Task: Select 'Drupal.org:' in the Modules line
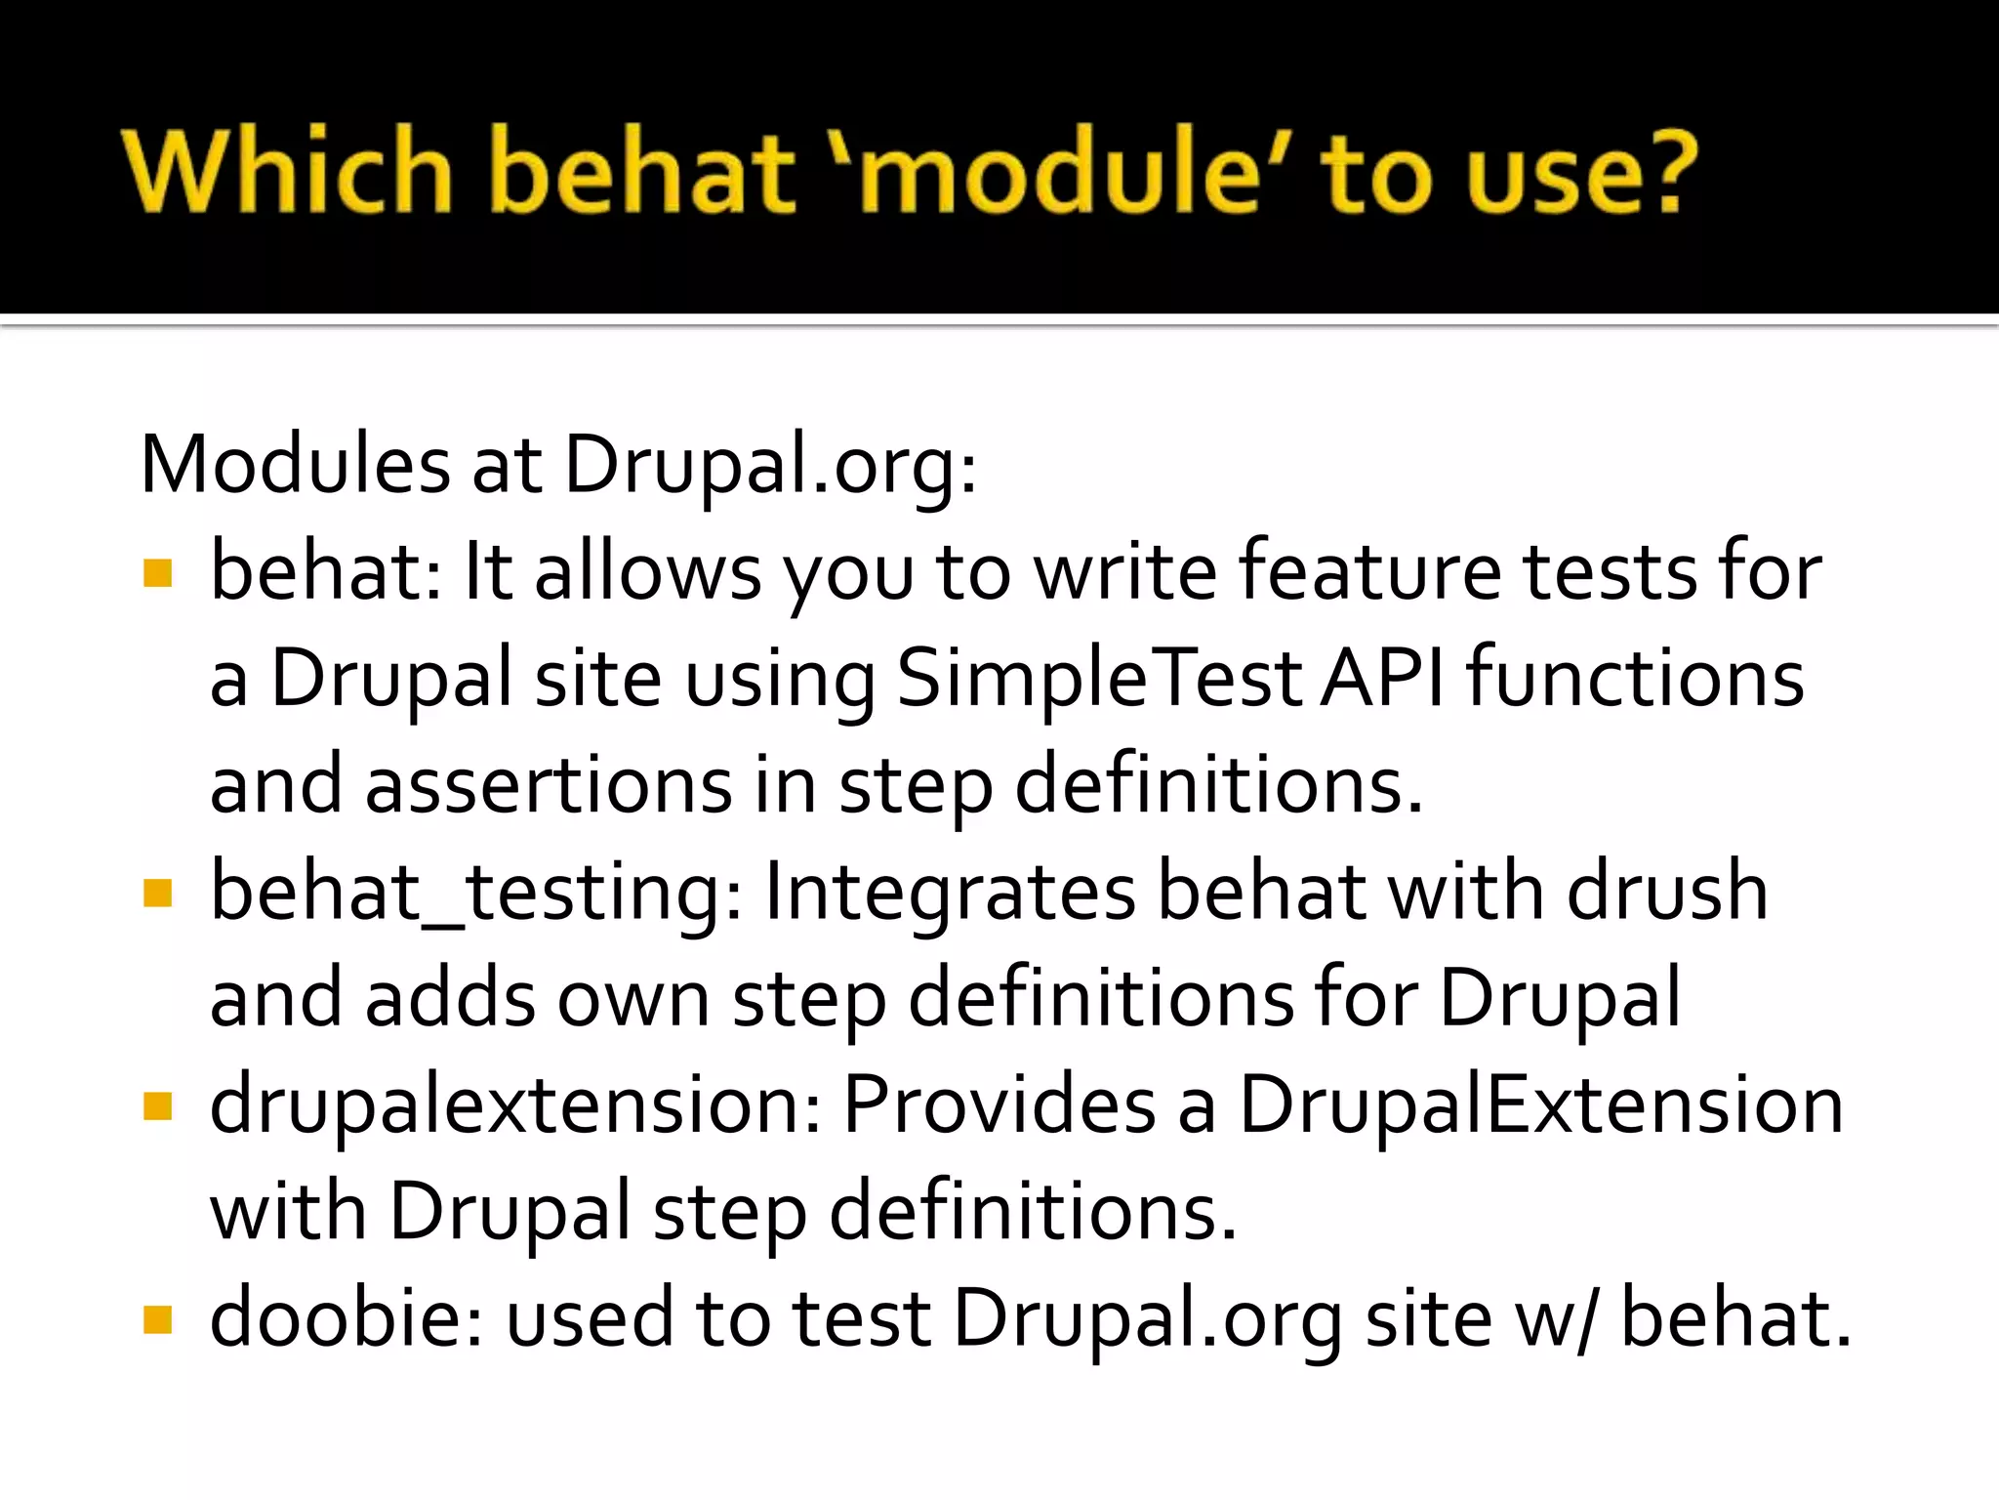770,465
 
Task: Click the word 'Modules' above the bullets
295,465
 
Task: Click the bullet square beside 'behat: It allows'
157,573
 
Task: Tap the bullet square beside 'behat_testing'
157,893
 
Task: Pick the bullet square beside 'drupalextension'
157,1106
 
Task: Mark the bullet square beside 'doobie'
157,1320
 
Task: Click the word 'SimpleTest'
1099,679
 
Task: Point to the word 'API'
1381,679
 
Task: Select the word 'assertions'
549,785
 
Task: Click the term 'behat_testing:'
476,893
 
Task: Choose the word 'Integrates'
950,893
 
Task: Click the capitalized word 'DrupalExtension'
1541,1106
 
